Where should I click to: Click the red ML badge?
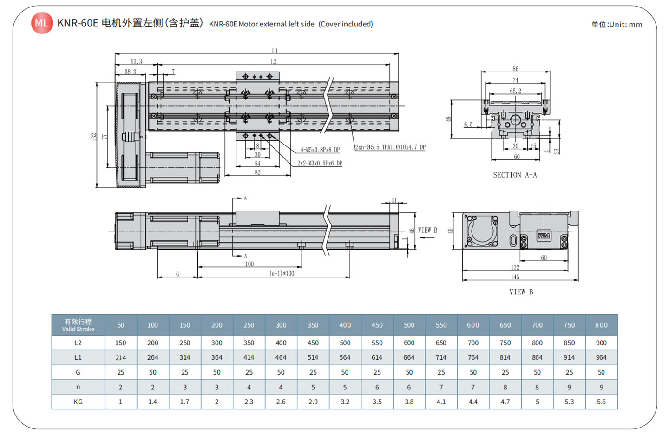point(42,23)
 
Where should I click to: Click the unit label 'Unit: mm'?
point(617,25)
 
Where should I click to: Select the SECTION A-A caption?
point(515,175)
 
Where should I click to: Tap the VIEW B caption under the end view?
point(521,292)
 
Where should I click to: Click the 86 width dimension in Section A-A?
point(515,69)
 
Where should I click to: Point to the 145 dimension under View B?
point(515,277)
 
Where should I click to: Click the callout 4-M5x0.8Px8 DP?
point(320,150)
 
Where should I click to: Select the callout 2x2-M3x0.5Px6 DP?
point(320,163)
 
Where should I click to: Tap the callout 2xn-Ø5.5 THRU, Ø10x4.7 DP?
point(390,147)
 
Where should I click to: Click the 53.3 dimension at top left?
point(136,61)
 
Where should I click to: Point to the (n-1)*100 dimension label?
point(282,273)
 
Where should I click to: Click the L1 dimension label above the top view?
point(275,51)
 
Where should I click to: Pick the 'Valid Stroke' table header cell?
point(78,325)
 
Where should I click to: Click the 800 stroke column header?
point(601,325)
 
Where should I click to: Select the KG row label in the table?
point(78,402)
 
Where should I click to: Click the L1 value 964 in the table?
point(601,357)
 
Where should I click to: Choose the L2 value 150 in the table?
point(120,343)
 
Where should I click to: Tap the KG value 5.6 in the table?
point(601,402)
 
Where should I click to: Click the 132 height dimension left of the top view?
point(94,136)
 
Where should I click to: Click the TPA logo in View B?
point(543,236)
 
